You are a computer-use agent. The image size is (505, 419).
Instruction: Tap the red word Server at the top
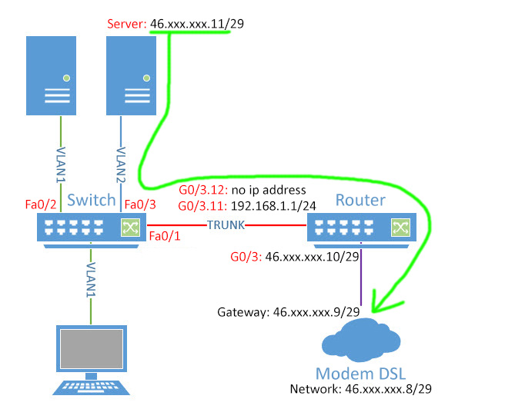(x=126, y=25)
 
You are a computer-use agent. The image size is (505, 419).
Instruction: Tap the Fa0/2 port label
(x=39, y=205)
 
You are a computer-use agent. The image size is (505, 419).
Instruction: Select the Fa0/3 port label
(x=139, y=205)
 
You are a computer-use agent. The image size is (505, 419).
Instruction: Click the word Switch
(x=91, y=201)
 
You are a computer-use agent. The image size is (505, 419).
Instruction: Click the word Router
(x=360, y=201)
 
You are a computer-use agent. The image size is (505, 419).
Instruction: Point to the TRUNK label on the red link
(x=225, y=225)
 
